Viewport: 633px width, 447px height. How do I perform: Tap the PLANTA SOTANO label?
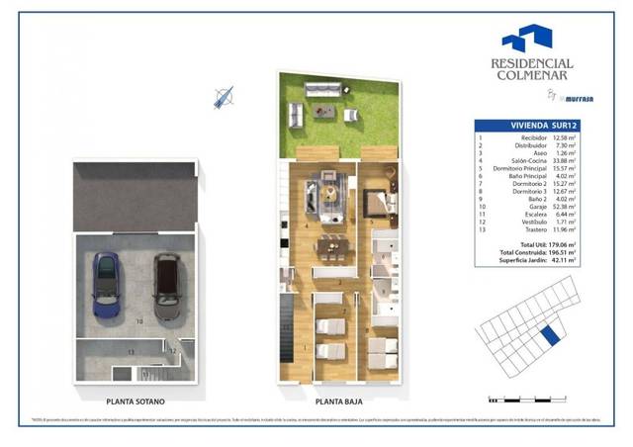click(136, 402)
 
